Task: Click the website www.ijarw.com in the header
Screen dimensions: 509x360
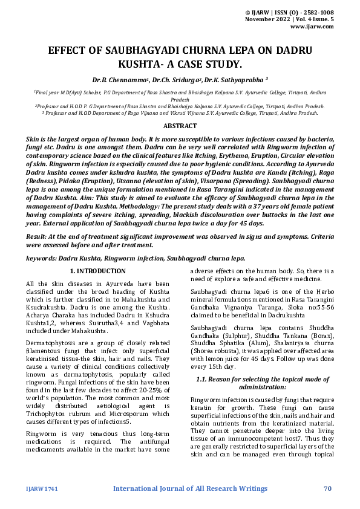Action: pos(312,27)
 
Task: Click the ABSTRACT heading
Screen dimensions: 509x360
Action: pos(180,126)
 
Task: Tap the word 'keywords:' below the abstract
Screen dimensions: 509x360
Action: pos(41,258)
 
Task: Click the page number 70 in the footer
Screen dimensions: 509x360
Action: pos(328,488)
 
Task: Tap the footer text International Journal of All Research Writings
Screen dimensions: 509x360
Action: pos(180,488)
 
